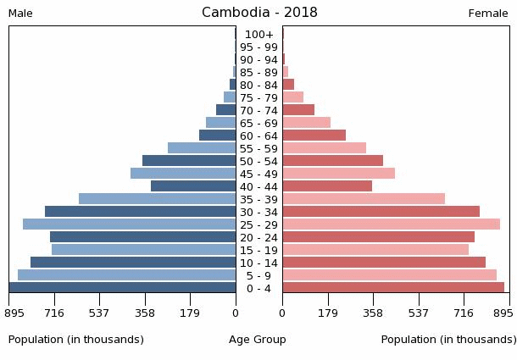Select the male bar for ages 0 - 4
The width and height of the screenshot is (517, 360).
[x=123, y=288]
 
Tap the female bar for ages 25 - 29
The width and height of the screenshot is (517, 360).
[x=391, y=224]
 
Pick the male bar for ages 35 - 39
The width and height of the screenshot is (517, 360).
[x=157, y=199]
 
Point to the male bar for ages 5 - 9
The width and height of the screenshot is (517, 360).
[x=126, y=275]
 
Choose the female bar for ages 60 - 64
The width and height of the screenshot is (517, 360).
[x=314, y=136]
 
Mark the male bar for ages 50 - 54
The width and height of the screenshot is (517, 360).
[x=189, y=161]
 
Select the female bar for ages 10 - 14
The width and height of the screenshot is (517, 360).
[x=384, y=263]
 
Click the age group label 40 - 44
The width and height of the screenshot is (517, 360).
[x=258, y=186]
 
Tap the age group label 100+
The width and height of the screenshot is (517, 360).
[x=258, y=35]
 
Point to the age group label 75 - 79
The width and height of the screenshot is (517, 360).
[x=258, y=97]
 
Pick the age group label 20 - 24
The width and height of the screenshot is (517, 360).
[x=258, y=237]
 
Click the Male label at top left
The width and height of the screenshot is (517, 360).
[x=21, y=14]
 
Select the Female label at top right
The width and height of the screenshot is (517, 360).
[x=488, y=14]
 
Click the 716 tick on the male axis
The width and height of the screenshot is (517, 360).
[x=54, y=312]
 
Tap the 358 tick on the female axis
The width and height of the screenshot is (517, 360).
[x=373, y=312]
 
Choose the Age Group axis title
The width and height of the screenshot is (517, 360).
[x=258, y=340]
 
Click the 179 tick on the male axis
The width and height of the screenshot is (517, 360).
[x=190, y=312]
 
